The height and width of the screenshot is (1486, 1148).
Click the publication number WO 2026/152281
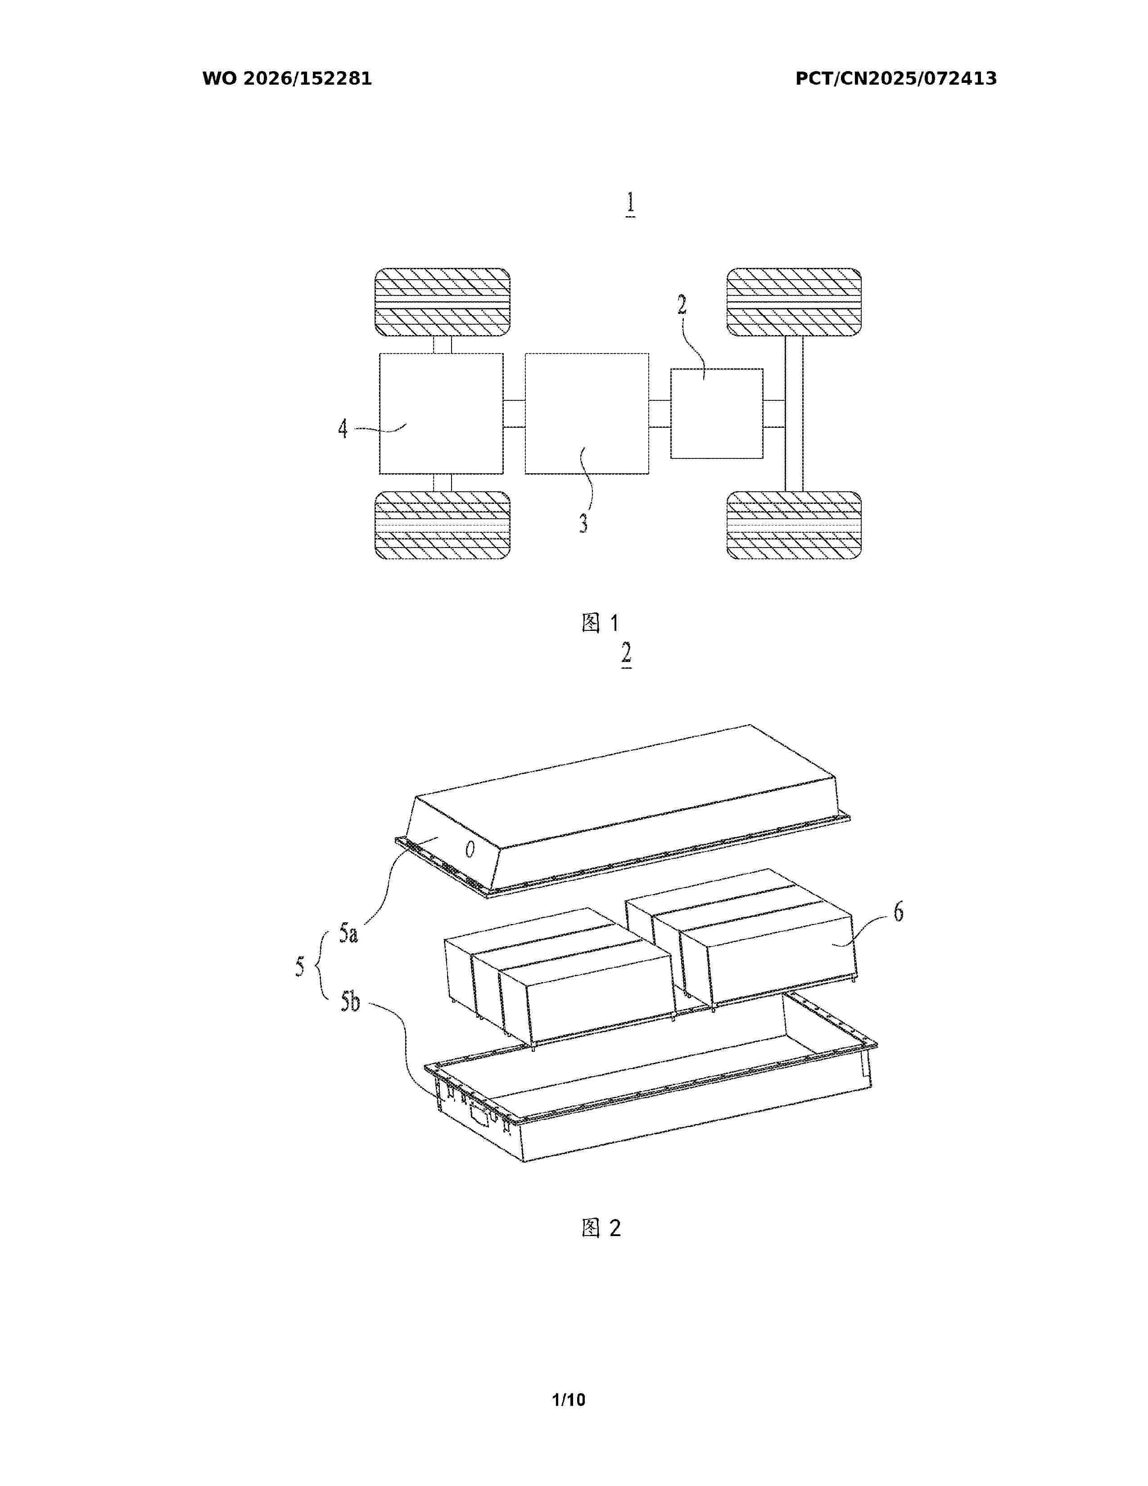(x=287, y=79)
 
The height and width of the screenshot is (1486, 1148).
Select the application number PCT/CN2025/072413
(x=896, y=79)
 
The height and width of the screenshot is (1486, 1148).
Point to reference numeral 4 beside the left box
(x=343, y=429)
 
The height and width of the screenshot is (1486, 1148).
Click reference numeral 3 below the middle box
(x=583, y=523)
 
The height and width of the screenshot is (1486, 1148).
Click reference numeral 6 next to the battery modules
(x=899, y=912)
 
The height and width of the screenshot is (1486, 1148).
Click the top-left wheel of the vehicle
(x=443, y=302)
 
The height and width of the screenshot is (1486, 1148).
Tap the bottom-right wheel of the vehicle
(x=794, y=525)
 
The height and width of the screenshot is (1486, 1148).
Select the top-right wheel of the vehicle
(x=794, y=302)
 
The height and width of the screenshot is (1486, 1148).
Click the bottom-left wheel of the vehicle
(x=443, y=525)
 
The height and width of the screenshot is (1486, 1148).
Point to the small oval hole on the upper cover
(x=469, y=849)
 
